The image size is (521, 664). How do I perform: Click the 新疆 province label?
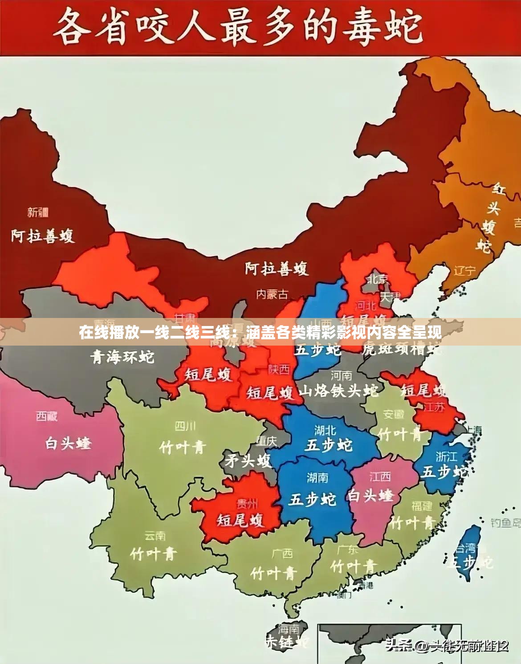tap(38, 212)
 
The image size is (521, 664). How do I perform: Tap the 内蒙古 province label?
tap(272, 294)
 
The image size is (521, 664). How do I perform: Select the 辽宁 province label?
tap(464, 271)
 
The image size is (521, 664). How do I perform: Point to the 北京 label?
tap(378, 279)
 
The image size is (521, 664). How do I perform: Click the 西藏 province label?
tap(47, 416)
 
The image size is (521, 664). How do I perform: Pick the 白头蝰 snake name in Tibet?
tap(68, 443)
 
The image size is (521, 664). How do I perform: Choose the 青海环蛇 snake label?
tap(122, 357)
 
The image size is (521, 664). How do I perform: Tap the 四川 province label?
tap(185, 426)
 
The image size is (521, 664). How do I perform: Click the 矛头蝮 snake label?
tap(248, 460)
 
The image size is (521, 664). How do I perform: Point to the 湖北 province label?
tap(325, 430)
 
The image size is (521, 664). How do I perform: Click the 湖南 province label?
tap(317, 478)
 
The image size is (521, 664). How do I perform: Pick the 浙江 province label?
tap(446, 456)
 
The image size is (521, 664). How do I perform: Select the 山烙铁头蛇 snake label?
tap(338, 391)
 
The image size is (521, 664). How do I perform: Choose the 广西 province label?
tap(282, 554)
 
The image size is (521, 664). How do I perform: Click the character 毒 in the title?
tap(359, 28)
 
